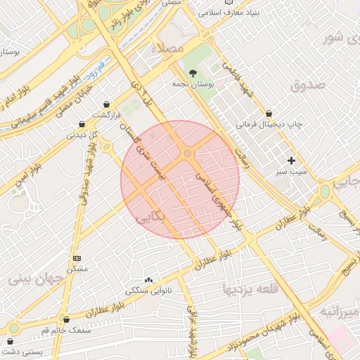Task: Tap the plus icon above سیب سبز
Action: (292, 160)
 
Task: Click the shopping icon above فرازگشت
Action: (106, 103)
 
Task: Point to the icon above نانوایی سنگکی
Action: (148, 280)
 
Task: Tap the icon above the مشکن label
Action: (77, 258)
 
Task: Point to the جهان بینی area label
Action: (37, 278)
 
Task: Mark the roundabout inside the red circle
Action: (188, 154)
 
